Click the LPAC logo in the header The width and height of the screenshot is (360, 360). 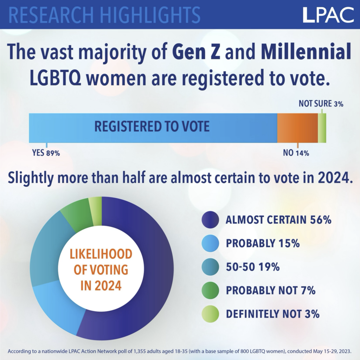328,14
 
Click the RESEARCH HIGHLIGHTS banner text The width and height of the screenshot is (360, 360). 104,14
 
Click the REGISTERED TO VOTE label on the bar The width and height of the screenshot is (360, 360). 152,127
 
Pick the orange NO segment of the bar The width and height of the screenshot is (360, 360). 297,128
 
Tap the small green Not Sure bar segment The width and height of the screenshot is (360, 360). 322,128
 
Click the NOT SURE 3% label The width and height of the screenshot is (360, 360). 321,104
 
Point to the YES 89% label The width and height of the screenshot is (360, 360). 46,153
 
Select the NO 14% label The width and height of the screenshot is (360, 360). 296,153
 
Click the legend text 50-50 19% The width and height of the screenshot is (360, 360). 253,267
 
